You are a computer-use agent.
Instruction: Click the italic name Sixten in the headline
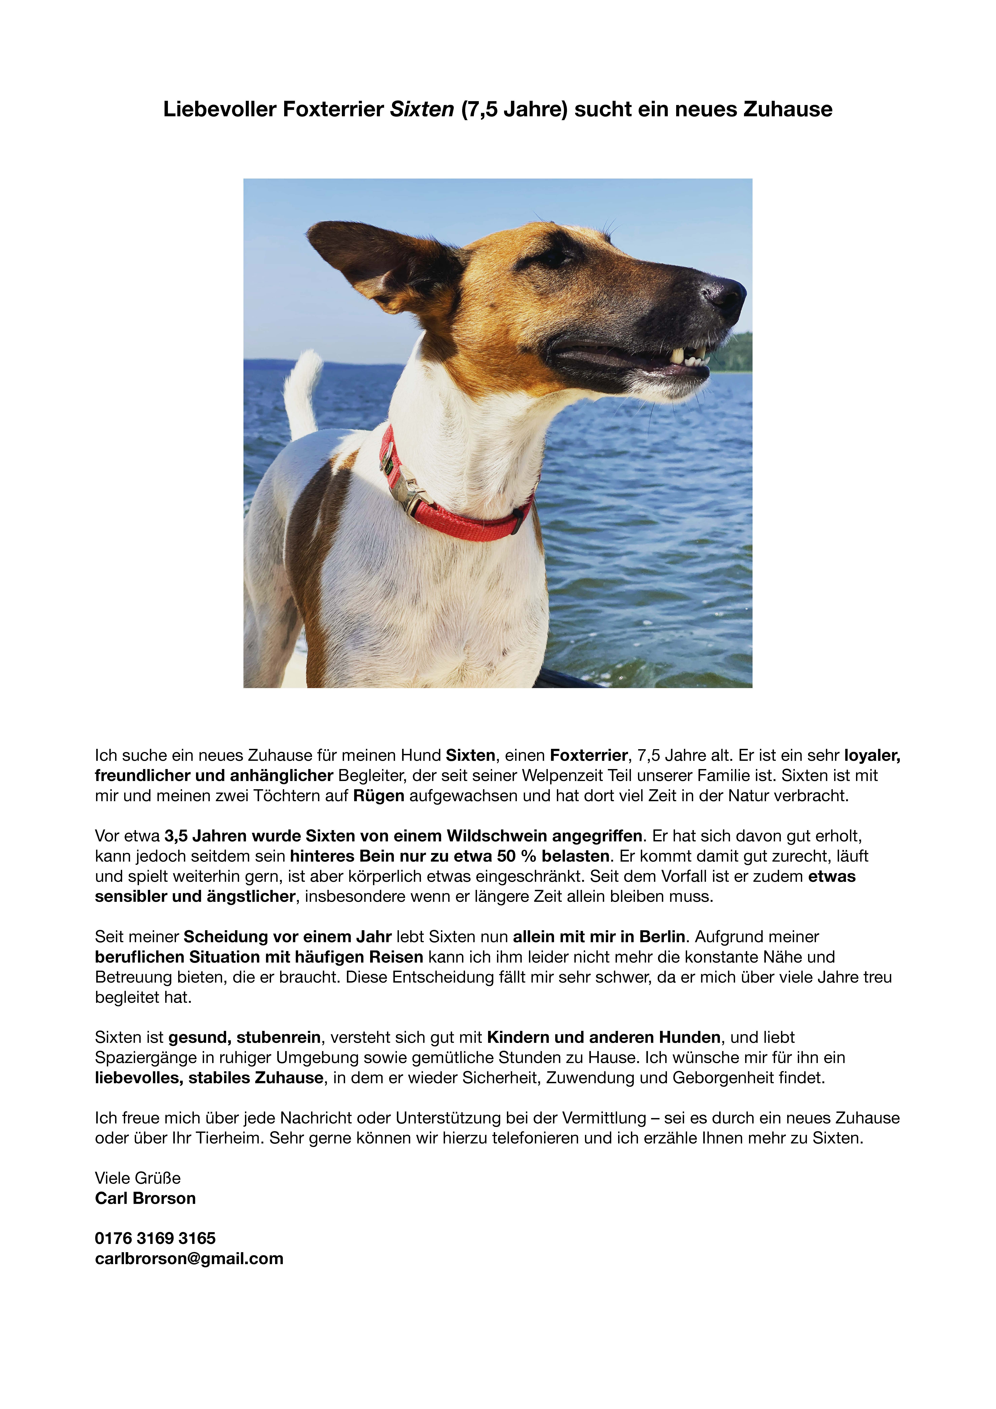pyautogui.click(x=422, y=109)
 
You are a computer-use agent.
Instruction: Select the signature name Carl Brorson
pyautogui.click(x=145, y=1198)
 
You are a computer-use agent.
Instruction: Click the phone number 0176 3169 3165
pyautogui.click(x=155, y=1238)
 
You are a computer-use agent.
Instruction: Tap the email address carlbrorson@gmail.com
pyautogui.click(x=189, y=1259)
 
